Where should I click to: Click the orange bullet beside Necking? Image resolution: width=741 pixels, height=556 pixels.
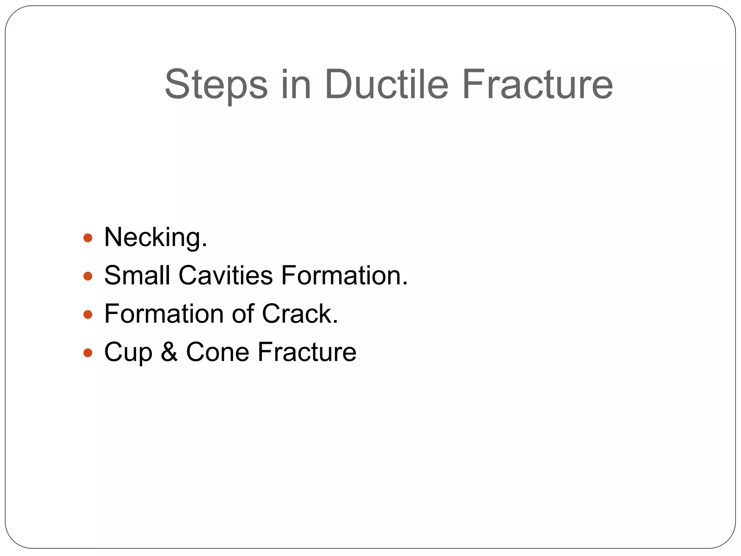click(x=88, y=238)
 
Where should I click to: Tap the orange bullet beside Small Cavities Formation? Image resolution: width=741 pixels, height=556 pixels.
click(x=88, y=277)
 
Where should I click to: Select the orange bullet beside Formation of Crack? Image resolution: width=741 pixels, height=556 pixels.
click(x=88, y=314)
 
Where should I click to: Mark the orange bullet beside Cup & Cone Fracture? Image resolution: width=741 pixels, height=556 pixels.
click(x=88, y=353)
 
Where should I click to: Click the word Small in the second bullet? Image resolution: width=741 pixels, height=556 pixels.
click(x=137, y=275)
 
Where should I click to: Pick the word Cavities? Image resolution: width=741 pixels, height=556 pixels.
click(x=225, y=275)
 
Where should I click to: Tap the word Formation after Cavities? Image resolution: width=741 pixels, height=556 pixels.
click(x=344, y=275)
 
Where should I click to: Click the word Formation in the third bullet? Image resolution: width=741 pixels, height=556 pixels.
click(x=164, y=314)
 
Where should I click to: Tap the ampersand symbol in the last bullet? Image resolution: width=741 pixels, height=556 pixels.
click(x=169, y=352)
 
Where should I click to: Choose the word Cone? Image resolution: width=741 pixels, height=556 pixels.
click(x=217, y=352)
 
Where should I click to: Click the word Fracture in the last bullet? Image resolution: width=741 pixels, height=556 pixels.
click(x=307, y=352)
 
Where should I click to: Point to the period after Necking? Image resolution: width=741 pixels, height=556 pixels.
click(x=205, y=246)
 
